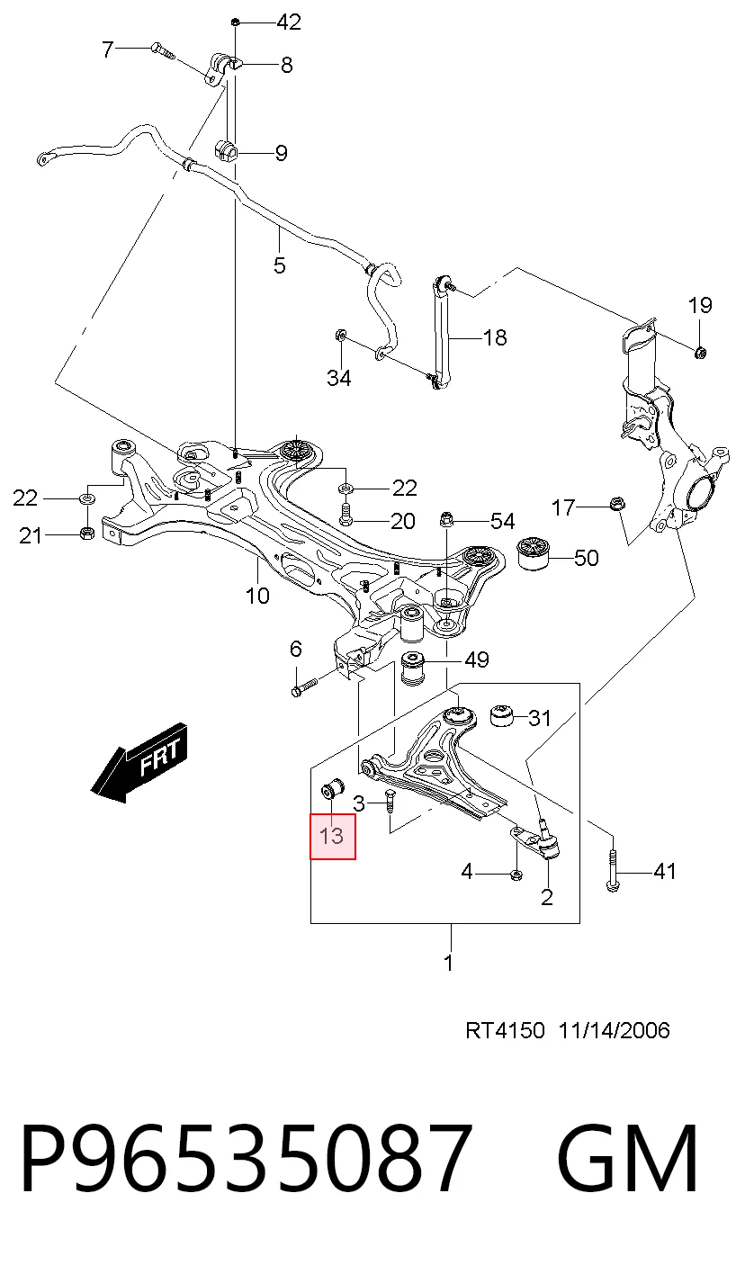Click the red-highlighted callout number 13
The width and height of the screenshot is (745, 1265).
pyautogui.click(x=331, y=837)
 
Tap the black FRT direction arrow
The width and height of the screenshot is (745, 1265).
pyautogui.click(x=139, y=762)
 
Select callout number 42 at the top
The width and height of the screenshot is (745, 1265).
pyautogui.click(x=289, y=22)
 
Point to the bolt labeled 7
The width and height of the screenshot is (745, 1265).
pyautogui.click(x=164, y=51)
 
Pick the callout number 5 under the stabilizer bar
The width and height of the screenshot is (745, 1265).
pyautogui.click(x=280, y=265)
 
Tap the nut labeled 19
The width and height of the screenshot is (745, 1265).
pyautogui.click(x=700, y=353)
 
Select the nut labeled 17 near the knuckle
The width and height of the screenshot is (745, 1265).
pyautogui.click(x=616, y=503)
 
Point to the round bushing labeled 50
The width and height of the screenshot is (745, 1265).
pyautogui.click(x=534, y=554)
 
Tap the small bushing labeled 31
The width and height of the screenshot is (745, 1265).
pyautogui.click(x=500, y=716)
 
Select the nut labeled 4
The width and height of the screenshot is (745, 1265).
pyautogui.click(x=516, y=875)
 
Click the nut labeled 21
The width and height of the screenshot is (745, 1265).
pyautogui.click(x=86, y=533)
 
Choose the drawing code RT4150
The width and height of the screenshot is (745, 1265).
pyautogui.click(x=505, y=1030)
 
